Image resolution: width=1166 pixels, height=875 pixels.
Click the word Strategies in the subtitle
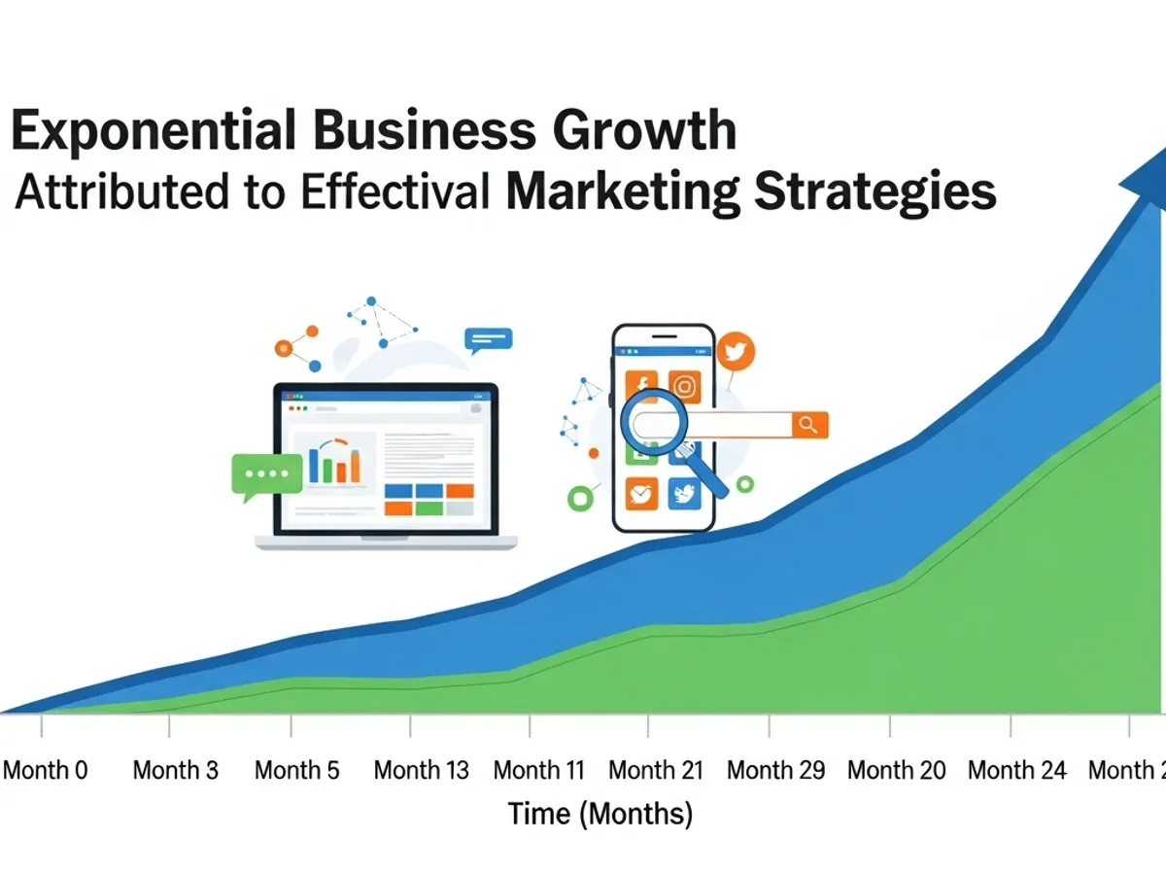point(875,192)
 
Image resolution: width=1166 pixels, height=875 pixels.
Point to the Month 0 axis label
point(45,771)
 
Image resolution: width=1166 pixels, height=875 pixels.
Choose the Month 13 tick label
point(421,771)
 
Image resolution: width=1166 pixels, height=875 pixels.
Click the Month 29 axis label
point(775,771)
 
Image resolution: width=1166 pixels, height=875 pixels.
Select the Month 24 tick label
point(1016,771)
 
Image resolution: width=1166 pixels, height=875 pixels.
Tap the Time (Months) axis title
point(600,813)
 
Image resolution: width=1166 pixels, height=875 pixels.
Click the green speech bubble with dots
point(265,474)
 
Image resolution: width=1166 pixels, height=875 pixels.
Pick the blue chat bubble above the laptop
point(488,339)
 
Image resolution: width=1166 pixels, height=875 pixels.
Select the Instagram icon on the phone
point(685,386)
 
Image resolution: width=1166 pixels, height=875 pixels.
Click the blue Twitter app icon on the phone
point(685,494)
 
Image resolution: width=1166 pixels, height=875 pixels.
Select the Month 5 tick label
point(297,771)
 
